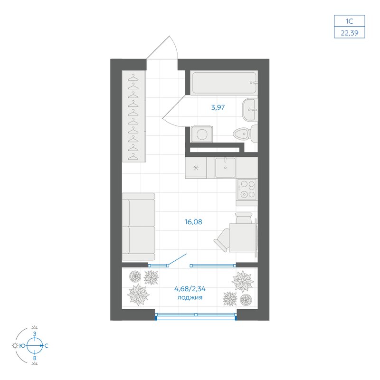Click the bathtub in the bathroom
(223, 83)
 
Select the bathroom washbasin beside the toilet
(250, 110)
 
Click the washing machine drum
(202, 134)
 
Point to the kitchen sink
(225, 168)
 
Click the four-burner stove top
(247, 189)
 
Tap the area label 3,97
(218, 107)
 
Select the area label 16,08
(193, 222)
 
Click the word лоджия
(190, 297)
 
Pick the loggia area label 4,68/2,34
(190, 289)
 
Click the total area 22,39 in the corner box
(350, 33)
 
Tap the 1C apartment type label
(350, 21)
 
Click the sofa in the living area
(138, 227)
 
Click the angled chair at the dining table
(222, 240)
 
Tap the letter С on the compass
(46, 346)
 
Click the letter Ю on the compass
(22, 346)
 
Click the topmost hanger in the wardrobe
(133, 77)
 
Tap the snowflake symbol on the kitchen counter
(196, 168)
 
